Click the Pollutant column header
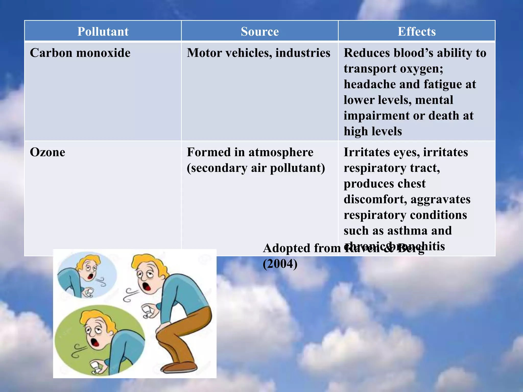pos(103,31)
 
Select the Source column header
pos(259,31)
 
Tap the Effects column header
pos(417,31)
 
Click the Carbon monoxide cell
pos(80,53)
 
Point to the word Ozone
pos(47,152)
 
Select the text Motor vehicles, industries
pos(258,53)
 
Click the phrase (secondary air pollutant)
pos(256,168)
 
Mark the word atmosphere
pos(281,152)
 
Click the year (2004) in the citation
pos(280,264)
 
